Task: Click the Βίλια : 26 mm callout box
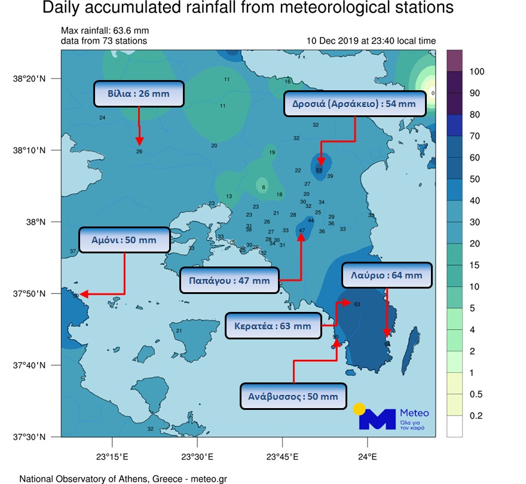[139, 94]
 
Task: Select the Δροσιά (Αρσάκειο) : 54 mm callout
[355, 104]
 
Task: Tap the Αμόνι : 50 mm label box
[124, 240]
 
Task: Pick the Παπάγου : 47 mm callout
[230, 280]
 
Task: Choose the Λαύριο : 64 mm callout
[387, 275]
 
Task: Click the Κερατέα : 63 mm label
[273, 326]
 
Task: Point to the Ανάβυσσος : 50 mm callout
[293, 396]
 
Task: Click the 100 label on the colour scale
[476, 72]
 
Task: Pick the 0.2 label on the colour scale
[476, 416]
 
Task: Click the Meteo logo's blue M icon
[377, 419]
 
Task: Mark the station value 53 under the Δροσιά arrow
[319, 170]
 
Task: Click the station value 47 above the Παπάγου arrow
[302, 230]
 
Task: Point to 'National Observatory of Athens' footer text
[84, 479]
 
